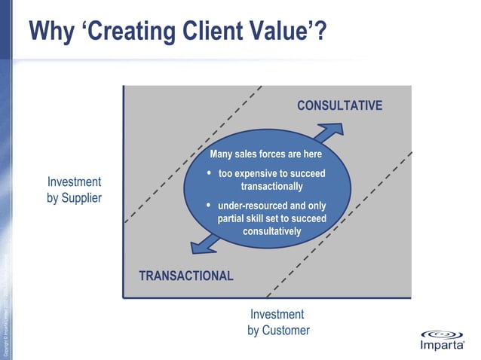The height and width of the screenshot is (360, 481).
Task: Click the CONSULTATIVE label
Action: (339, 105)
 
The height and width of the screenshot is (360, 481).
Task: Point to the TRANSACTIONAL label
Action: (186, 276)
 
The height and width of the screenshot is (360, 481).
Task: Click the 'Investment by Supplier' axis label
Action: (74, 190)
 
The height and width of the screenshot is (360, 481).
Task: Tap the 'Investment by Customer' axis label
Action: (277, 322)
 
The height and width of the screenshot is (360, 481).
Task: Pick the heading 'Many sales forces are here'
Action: (265, 154)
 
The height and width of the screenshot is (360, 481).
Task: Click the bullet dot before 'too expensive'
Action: (209, 173)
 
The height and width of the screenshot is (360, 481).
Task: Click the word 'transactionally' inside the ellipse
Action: (271, 186)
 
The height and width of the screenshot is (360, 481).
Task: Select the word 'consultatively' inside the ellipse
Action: (271, 231)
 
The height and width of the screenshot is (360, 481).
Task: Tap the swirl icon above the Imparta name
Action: (446, 334)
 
